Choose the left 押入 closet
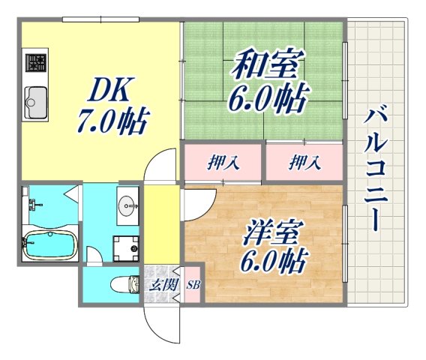(x=223, y=162)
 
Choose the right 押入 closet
(x=304, y=162)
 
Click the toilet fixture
(x=125, y=284)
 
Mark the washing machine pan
(x=125, y=245)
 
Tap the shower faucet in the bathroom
(x=31, y=202)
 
